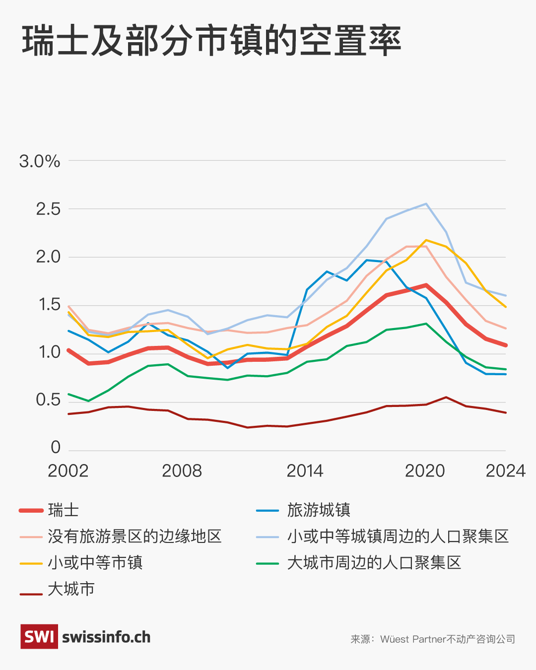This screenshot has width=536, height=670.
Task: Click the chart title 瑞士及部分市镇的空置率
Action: [211, 41]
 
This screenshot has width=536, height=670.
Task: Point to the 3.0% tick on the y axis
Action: [40, 161]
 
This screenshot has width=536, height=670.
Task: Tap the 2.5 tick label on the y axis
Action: [48, 209]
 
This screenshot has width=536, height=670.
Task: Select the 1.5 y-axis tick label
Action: [48, 305]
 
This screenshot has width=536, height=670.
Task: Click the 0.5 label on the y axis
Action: [48, 400]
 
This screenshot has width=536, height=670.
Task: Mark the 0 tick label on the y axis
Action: [56, 447]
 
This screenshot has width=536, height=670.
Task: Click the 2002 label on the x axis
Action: [68, 471]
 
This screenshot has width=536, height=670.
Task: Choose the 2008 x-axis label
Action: [182, 471]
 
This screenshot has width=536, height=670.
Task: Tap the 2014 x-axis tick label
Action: [305, 471]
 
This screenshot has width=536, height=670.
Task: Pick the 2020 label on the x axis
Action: [425, 471]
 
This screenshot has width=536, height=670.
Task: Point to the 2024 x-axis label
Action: [505, 471]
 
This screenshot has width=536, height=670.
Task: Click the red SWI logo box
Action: [39, 637]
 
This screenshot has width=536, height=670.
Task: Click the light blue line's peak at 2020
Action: [426, 203]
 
